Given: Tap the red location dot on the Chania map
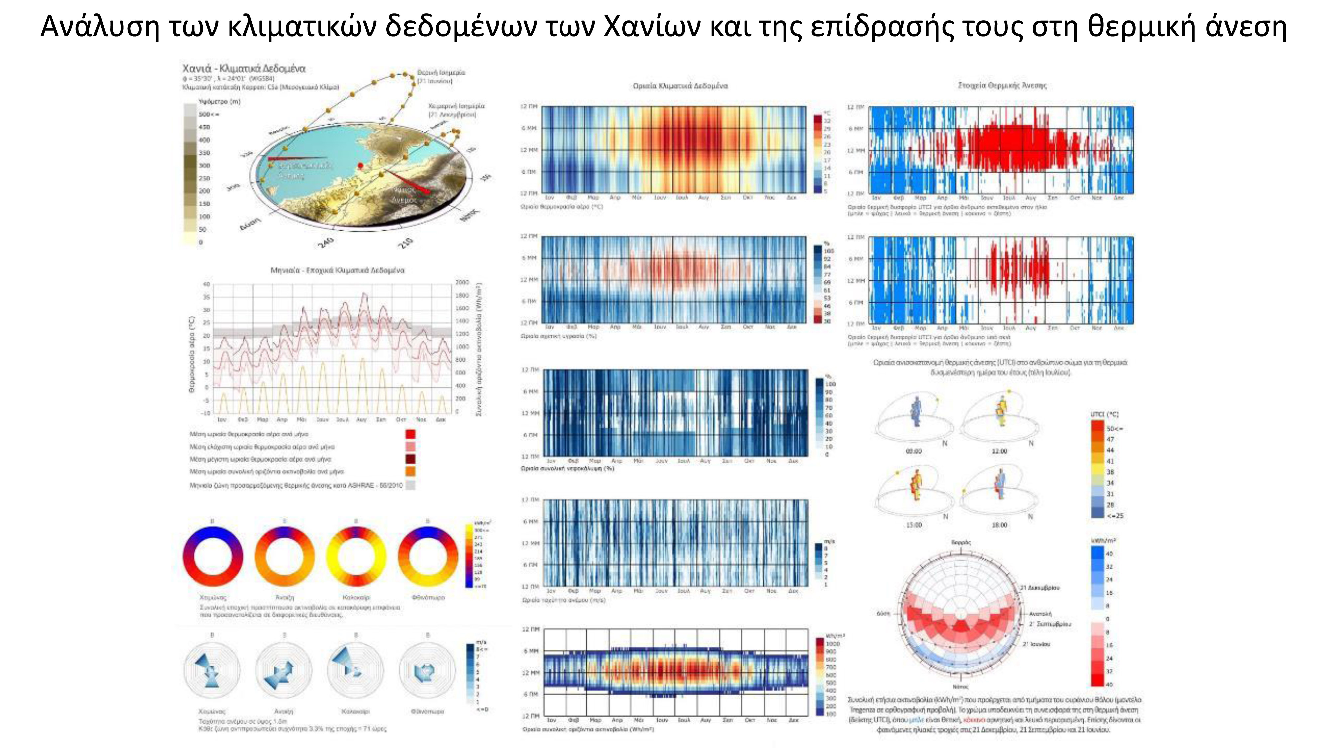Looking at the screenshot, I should (360, 166).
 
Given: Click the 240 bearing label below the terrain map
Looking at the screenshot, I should (326, 242).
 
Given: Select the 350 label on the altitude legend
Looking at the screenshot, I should (204, 153).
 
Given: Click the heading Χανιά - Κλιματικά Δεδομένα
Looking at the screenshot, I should (244, 69).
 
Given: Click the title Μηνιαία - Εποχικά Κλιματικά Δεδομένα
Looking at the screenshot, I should (338, 270).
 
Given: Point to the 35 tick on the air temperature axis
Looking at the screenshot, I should (206, 297).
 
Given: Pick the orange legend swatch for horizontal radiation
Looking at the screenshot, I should (410, 471).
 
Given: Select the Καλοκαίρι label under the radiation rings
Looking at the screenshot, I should (356, 597).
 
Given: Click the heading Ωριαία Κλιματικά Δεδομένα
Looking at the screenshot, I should (680, 86).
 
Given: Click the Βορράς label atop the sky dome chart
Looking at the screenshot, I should (961, 543).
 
